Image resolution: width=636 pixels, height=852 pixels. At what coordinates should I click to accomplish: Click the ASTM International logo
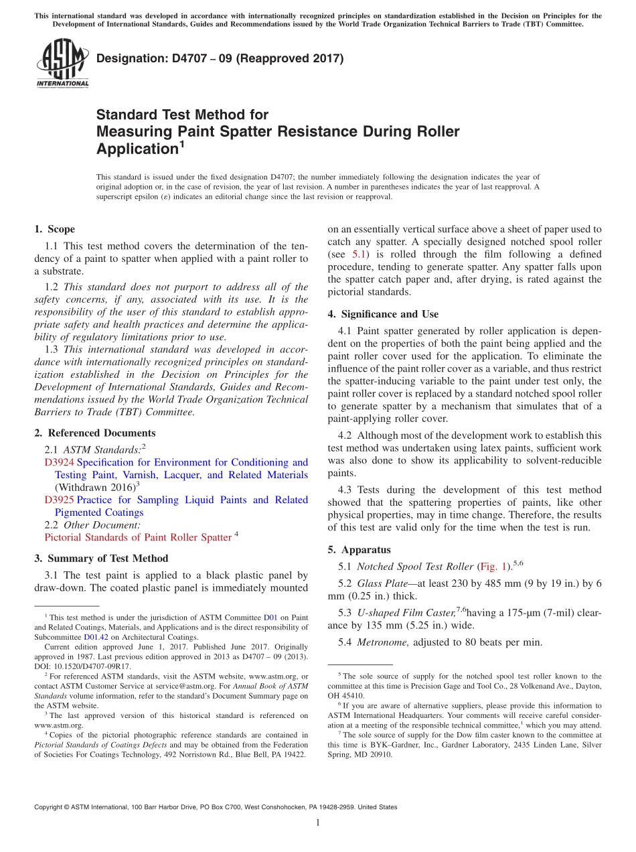tap(62, 64)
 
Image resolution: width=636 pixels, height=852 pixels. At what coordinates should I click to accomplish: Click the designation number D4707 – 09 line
tap(220, 58)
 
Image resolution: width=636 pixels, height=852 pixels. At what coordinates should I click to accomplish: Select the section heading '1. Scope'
tap(54, 229)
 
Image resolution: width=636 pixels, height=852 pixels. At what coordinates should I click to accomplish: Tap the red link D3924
tap(59, 462)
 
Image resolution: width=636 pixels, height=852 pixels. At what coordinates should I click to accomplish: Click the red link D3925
tap(59, 500)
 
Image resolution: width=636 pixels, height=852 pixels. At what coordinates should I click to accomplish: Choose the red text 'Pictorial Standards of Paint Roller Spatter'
tap(137, 537)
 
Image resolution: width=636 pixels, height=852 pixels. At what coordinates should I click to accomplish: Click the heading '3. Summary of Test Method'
tap(100, 558)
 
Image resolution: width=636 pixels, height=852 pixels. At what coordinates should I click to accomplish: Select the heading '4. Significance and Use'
tap(383, 313)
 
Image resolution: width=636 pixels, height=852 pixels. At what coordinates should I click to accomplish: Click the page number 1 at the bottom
tap(318, 823)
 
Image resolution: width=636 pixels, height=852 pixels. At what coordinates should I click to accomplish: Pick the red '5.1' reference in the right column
tap(359, 255)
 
